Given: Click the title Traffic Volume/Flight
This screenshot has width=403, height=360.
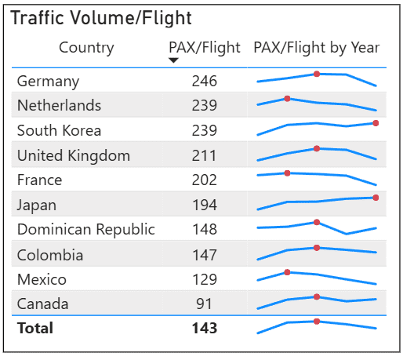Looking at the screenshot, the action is pyautogui.click(x=101, y=18).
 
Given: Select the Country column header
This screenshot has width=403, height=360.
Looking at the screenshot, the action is pyautogui.click(x=86, y=48).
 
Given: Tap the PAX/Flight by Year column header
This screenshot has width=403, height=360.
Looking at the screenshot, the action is pyautogui.click(x=317, y=48).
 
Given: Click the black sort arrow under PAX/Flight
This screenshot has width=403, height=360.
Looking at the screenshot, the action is pyautogui.click(x=173, y=60).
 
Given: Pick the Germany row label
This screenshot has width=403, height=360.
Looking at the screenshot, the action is pyautogui.click(x=48, y=82).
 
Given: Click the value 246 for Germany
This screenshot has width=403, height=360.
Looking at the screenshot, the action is pyautogui.click(x=205, y=81).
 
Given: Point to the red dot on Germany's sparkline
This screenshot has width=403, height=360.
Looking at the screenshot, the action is pyautogui.click(x=317, y=74).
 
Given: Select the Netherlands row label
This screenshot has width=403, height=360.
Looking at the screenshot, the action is pyautogui.click(x=59, y=105).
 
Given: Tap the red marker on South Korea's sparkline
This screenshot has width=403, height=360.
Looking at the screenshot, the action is pyautogui.click(x=376, y=123).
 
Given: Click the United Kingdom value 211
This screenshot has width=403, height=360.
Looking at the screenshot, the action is pyautogui.click(x=204, y=155).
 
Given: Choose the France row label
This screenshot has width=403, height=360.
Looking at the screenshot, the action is pyautogui.click(x=40, y=180).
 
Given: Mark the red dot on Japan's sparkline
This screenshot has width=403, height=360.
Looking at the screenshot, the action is pyautogui.click(x=376, y=198).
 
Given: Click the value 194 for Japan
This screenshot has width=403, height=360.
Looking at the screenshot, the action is pyautogui.click(x=205, y=205).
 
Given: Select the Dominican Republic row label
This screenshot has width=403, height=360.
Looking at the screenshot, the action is pyautogui.click(x=86, y=230).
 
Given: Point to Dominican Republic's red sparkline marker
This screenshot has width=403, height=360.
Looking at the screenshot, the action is pyautogui.click(x=317, y=222).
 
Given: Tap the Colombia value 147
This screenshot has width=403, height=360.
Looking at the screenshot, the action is pyautogui.click(x=205, y=255).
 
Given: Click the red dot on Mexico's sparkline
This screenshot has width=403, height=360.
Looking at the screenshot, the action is pyautogui.click(x=287, y=272).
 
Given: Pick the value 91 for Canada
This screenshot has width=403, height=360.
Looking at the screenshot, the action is pyautogui.click(x=204, y=304).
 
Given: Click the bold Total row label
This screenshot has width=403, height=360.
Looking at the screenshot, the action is pyautogui.click(x=35, y=328).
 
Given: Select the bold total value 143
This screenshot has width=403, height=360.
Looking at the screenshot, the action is pyautogui.click(x=205, y=328).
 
